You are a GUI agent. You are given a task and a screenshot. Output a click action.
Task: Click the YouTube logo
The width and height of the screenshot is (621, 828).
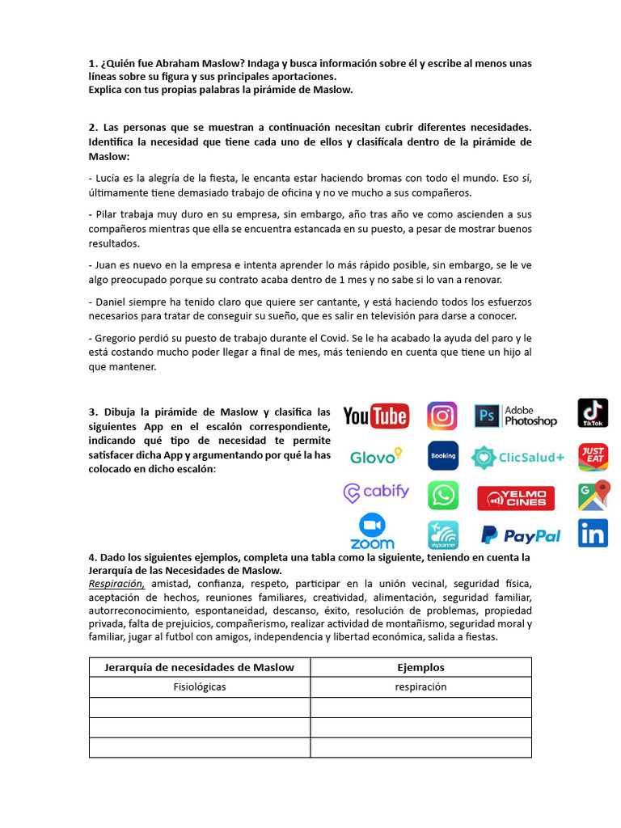[x=376, y=416]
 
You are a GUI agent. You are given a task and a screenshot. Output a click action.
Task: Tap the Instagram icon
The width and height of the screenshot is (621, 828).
[x=442, y=416]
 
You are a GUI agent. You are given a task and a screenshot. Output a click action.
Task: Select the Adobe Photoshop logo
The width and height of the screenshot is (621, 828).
[x=516, y=416]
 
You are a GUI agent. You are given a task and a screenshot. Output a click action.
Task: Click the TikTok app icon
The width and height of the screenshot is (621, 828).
[x=593, y=412]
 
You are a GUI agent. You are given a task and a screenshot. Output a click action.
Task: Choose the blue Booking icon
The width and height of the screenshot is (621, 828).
[x=443, y=455]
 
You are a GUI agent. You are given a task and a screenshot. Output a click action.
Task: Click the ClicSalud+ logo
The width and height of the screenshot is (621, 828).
[x=518, y=457]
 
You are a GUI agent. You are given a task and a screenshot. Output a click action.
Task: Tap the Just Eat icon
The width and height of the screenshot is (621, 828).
[x=593, y=456]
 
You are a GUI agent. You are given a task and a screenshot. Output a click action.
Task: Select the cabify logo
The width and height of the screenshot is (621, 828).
[x=376, y=492]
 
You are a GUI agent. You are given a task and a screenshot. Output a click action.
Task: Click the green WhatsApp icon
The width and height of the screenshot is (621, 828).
[x=443, y=495]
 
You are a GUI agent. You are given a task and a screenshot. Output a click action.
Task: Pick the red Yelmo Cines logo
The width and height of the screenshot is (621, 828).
[x=516, y=498]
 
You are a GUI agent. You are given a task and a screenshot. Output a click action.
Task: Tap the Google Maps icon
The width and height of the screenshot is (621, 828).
[x=593, y=495]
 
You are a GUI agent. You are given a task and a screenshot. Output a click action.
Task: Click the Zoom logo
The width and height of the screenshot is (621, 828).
[x=373, y=532]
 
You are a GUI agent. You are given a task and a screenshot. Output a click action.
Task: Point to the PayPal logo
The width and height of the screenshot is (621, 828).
[x=521, y=535]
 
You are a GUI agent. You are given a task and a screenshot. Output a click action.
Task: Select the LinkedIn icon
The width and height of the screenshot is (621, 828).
[x=593, y=534]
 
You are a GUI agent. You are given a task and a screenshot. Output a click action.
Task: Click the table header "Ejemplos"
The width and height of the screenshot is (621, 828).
[x=420, y=667]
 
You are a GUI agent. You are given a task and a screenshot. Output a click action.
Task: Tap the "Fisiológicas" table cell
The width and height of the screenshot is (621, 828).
[x=200, y=686]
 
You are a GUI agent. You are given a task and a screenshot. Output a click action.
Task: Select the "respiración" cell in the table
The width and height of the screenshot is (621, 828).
[x=420, y=686]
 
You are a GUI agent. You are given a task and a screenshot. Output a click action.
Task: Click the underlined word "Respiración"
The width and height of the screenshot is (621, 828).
[x=117, y=584]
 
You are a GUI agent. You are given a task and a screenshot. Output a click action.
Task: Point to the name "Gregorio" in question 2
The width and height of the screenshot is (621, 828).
[x=115, y=337]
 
